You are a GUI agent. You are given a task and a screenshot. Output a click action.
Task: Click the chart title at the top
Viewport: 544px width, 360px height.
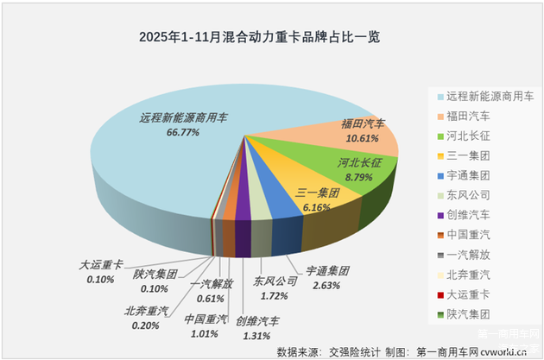[x=260, y=39]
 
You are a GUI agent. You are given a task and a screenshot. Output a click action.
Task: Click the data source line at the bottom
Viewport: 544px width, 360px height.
[x=393, y=351]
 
